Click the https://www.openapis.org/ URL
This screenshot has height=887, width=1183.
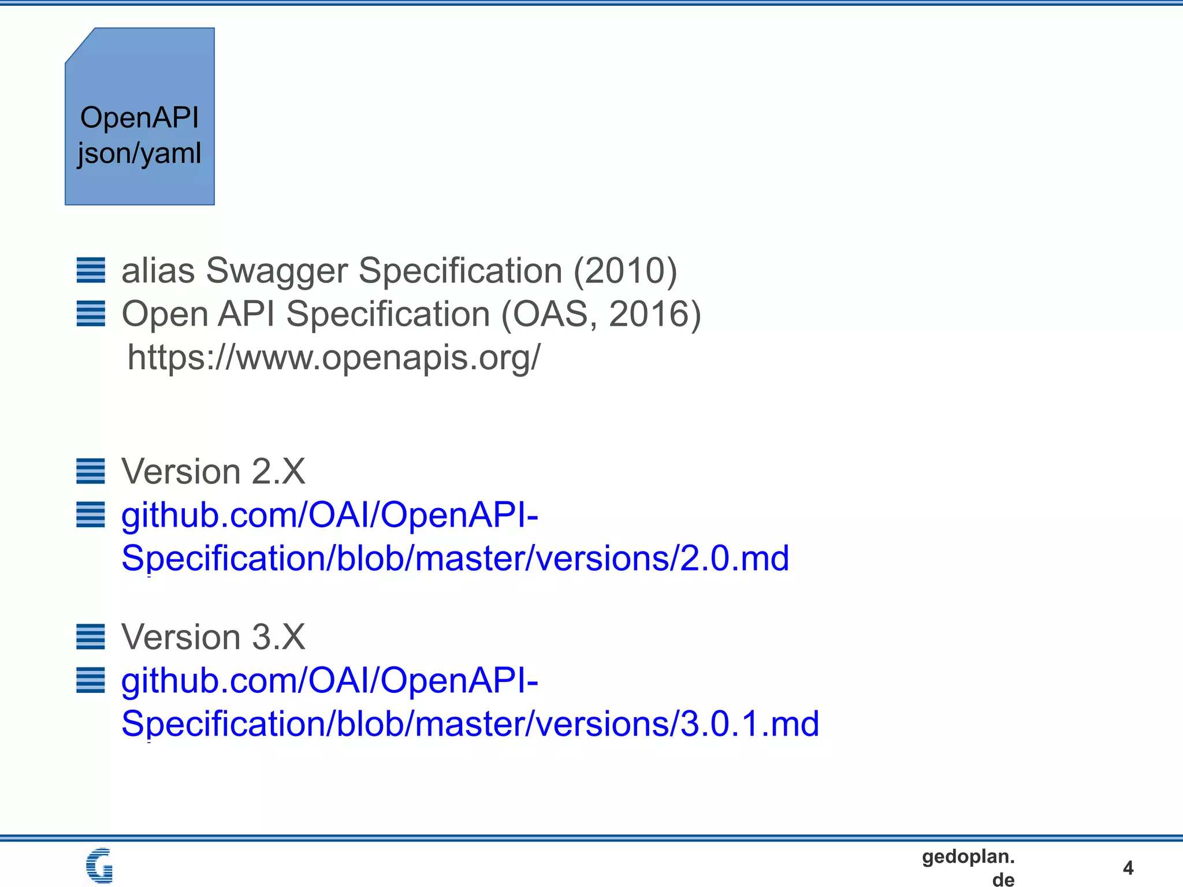[334, 357]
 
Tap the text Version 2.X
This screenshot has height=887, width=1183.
[213, 471]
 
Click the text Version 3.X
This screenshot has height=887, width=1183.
[213, 637]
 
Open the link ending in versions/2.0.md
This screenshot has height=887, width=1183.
[455, 558]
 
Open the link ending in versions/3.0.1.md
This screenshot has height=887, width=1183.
[470, 724]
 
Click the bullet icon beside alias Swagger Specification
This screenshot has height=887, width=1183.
[91, 270]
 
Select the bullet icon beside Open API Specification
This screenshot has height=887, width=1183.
[91, 314]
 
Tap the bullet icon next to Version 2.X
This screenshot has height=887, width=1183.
[91, 471]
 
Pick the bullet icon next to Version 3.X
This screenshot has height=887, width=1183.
[91, 637]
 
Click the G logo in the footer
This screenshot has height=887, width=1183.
[99, 865]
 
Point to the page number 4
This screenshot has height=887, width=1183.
[1128, 867]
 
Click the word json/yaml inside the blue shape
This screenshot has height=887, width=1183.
[139, 154]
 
